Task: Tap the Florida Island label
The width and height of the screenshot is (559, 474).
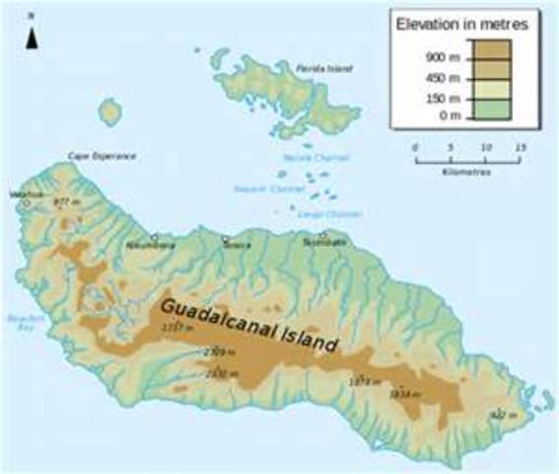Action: (x=323, y=69)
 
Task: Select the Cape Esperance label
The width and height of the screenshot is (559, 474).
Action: (x=101, y=156)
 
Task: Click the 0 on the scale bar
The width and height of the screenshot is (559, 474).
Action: (x=415, y=147)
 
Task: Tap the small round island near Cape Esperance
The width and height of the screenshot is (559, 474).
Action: (x=110, y=113)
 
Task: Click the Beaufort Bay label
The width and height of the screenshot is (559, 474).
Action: (x=22, y=323)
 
